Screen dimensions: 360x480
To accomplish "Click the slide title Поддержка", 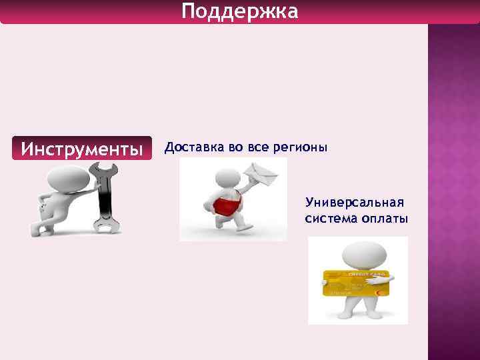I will (240, 11).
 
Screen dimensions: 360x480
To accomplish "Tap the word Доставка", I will (194, 147).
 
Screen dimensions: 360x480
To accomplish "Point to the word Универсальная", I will (356, 203).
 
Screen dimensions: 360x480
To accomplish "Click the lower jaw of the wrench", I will (106, 227).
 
